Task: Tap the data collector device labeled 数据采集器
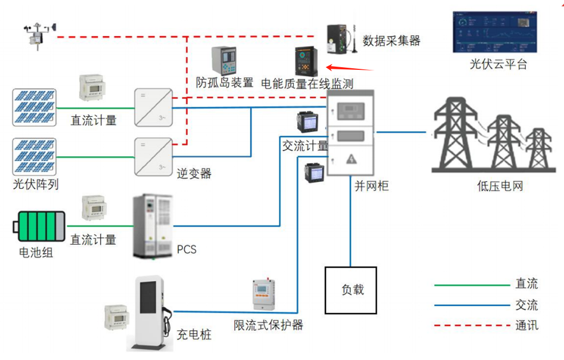coord(339,39)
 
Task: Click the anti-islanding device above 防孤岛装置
coord(224,61)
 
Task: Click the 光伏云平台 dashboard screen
coord(495,32)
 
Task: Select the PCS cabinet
coord(154,227)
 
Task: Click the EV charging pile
coord(150,312)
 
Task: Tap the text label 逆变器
coord(194,173)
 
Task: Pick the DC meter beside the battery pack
coord(96,210)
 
